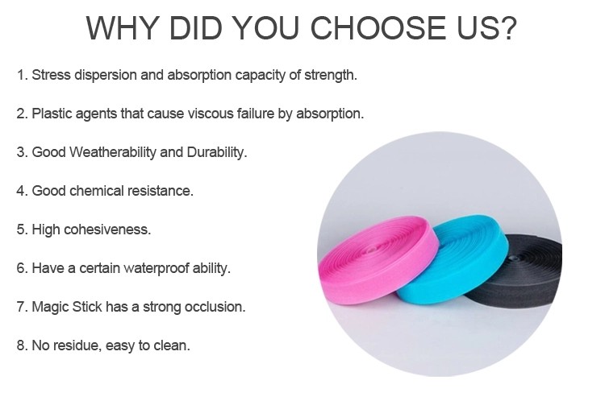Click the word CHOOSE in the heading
[x=378, y=27]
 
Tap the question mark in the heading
[x=507, y=27]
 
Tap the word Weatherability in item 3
[x=113, y=152]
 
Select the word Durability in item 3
[x=217, y=152]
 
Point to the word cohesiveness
[x=107, y=230]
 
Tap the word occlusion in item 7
[x=215, y=307]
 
